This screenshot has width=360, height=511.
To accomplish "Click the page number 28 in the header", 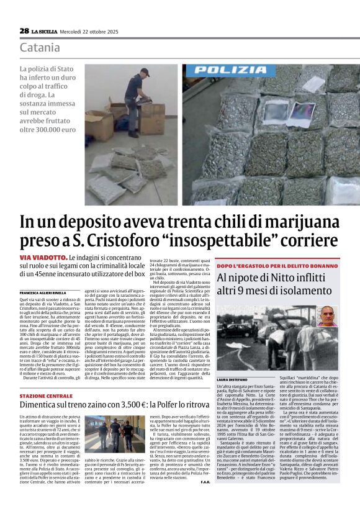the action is [24, 30].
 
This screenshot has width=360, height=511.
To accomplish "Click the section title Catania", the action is [40, 48].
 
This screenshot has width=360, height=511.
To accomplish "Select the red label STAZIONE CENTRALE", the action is [46, 396].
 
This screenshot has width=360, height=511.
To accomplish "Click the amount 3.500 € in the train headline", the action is [143, 405].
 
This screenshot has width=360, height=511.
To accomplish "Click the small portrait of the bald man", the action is [326, 315].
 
